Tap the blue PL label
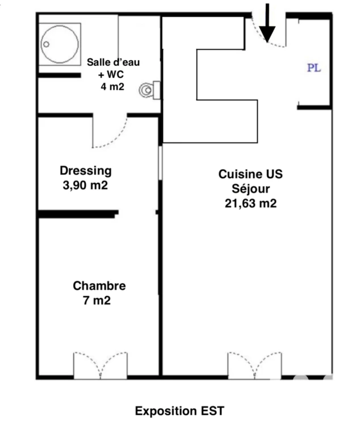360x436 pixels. (314, 68)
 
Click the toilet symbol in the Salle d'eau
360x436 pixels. (149, 90)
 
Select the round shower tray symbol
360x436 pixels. (60, 44)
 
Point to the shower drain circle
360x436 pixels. (46, 44)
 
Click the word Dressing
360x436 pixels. (86, 171)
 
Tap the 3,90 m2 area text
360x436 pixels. (85, 185)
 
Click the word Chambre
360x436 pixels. (99, 286)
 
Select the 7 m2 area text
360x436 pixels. (97, 300)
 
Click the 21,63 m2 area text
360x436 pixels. (250, 203)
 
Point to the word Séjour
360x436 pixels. (250, 189)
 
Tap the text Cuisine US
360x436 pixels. (250, 174)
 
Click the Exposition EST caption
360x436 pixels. (179, 411)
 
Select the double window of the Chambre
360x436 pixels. (101, 365)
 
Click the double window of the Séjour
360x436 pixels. (254, 365)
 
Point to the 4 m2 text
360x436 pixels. (112, 87)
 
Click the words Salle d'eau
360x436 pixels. (113, 62)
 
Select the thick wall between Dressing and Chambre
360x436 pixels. (78, 214)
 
